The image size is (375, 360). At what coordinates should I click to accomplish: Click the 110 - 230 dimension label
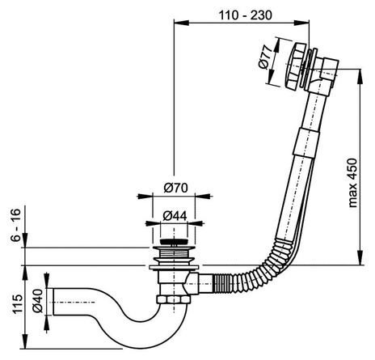point(245,15)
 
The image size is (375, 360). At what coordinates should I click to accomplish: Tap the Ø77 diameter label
point(264,57)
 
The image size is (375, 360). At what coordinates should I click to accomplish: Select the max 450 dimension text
point(352,183)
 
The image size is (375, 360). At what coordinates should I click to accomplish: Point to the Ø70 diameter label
point(175,188)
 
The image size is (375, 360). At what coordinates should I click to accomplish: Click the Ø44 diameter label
point(175,215)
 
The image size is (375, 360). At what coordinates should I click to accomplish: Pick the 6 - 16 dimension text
point(15,225)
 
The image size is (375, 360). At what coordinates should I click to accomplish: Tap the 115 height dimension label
point(18,304)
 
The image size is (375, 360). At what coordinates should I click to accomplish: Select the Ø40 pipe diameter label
point(38,301)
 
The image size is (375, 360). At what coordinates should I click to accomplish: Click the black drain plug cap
point(174,242)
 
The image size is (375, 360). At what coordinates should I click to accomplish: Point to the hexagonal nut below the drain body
point(174,299)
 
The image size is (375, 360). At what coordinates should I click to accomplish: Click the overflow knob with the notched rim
point(296,66)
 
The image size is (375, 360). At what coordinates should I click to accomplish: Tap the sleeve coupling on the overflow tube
point(307,142)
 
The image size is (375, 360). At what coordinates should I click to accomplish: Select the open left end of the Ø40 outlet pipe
point(53,302)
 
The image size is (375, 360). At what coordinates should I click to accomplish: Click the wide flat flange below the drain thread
point(174,267)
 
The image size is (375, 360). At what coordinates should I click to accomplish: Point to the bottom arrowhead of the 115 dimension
point(25,342)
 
